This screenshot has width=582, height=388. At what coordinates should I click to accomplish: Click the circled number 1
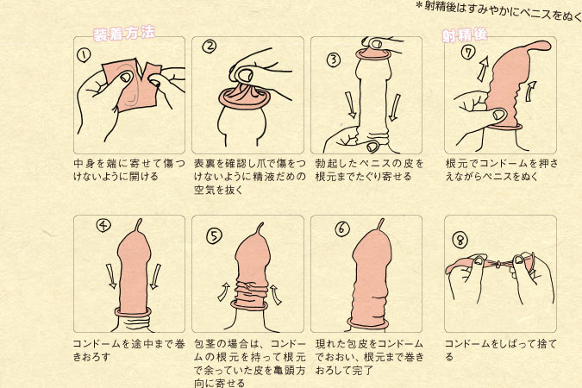point(84,55)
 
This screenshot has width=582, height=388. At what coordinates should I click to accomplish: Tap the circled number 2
point(210,47)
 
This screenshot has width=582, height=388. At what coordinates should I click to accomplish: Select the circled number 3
point(334,59)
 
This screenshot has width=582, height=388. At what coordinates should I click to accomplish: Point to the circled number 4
point(103,225)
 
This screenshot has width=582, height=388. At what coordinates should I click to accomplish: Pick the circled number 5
point(214,236)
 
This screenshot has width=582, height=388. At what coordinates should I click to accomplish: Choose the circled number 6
point(342,228)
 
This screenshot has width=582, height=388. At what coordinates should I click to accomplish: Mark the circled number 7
point(468,52)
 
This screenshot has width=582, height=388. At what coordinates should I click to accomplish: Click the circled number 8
point(460,241)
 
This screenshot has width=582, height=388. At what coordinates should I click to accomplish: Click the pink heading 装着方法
point(123,34)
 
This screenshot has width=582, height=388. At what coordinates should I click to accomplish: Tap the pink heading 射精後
point(465,34)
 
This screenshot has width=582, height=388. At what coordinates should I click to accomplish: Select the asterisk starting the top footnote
point(419,5)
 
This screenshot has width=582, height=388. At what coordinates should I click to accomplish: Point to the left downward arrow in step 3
point(350,105)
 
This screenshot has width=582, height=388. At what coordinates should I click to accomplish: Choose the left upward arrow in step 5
point(223,291)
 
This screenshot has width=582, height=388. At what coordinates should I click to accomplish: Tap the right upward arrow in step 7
point(531,91)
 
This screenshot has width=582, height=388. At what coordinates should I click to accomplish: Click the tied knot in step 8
point(499,265)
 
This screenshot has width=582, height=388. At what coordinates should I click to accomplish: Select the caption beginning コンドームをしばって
point(501,350)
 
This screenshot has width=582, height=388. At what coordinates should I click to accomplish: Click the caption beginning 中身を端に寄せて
point(129,170)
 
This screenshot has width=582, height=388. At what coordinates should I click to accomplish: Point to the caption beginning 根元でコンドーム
point(502,170)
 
